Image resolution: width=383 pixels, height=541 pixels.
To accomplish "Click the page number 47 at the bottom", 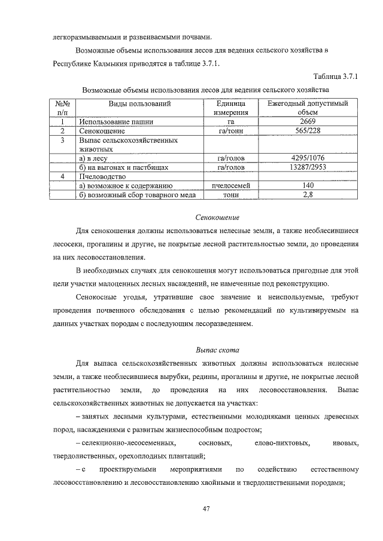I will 205,509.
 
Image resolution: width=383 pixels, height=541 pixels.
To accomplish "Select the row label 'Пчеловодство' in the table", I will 102,177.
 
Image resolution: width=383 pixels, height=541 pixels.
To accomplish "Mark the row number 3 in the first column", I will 62,140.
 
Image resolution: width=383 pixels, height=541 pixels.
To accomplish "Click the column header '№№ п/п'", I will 62,108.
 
